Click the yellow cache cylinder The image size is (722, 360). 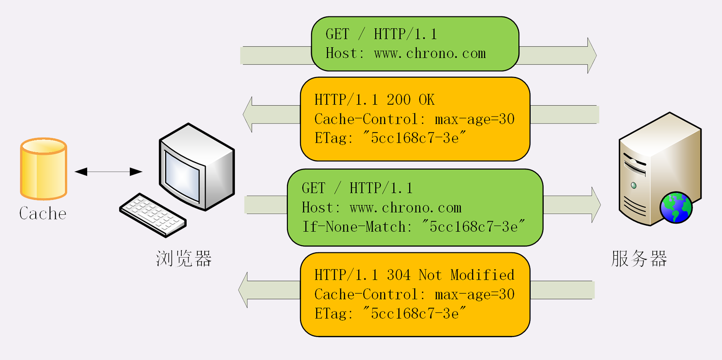[x=43, y=169]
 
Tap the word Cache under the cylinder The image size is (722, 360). [x=43, y=213]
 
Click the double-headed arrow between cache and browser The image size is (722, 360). [x=108, y=172]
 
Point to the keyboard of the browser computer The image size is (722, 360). [x=153, y=215]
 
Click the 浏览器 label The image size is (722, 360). [x=184, y=258]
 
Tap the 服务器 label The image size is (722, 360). [x=639, y=258]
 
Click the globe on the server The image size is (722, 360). [x=676, y=208]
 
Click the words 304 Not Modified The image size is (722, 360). [x=451, y=275]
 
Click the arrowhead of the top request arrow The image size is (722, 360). [x=591, y=55]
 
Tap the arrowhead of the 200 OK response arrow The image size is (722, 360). [x=248, y=114]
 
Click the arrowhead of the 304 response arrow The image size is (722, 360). [x=243, y=290]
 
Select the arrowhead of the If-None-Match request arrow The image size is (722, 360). [x=596, y=205]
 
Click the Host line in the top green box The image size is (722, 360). [x=406, y=53]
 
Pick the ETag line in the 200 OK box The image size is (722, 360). [x=390, y=138]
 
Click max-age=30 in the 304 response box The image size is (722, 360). [x=474, y=294]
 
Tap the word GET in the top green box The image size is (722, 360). [x=337, y=34]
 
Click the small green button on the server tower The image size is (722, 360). [x=634, y=186]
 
